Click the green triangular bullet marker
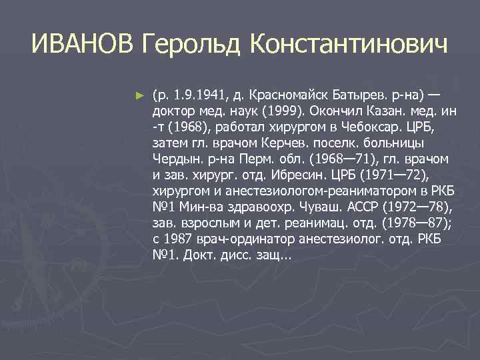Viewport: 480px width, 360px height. pyautogui.click(x=139, y=96)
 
